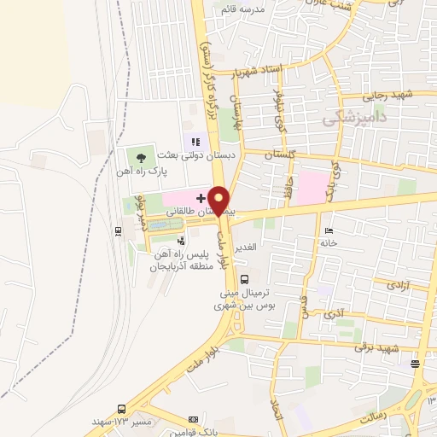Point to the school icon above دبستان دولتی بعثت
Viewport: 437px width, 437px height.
195,142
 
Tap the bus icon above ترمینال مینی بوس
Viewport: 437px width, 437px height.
246,278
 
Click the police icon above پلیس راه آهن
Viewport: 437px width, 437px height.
180,242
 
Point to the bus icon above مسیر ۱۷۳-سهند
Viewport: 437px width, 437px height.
122,409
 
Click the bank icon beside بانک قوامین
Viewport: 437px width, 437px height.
194,419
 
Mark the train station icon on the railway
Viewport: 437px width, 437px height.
117,230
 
